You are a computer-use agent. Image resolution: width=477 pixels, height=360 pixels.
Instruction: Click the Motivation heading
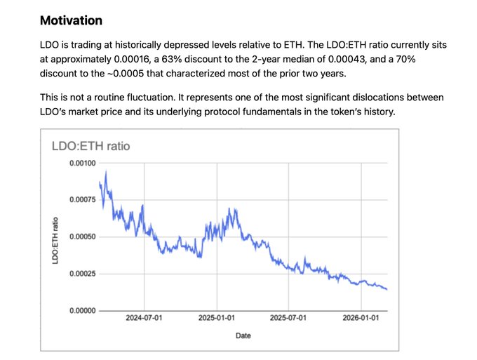(71, 20)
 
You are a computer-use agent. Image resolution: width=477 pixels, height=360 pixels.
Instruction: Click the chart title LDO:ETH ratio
(91, 146)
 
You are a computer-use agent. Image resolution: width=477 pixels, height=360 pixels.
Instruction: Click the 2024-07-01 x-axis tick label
(145, 318)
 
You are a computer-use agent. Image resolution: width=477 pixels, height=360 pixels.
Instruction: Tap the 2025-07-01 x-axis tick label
(288, 318)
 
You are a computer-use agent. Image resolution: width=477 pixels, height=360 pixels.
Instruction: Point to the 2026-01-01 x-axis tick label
(361, 318)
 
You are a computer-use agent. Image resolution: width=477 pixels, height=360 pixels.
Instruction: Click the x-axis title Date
(243, 335)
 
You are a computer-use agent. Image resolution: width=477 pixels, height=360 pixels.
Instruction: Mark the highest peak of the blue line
(106, 171)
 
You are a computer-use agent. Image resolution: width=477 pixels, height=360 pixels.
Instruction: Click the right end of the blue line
(387, 289)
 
